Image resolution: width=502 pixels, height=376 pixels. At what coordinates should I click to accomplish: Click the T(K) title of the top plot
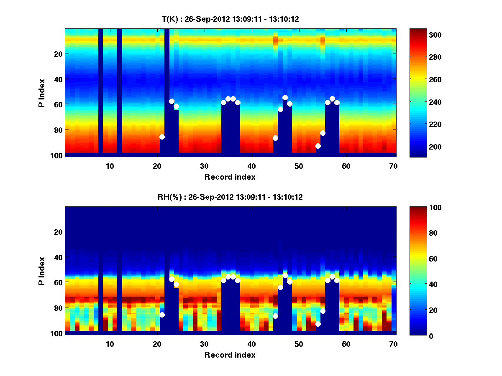pyautogui.click(x=230, y=19)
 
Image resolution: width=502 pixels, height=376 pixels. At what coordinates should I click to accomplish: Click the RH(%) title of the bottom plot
pyautogui.click(x=230, y=197)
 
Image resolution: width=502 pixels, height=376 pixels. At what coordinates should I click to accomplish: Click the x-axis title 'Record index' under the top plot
pyautogui.click(x=230, y=177)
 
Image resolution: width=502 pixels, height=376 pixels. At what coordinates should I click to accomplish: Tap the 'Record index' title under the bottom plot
pyautogui.click(x=230, y=355)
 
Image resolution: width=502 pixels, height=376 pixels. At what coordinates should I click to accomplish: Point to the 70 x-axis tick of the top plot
pyautogui.click(x=393, y=165)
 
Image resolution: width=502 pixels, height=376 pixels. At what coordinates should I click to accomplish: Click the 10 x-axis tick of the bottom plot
pyautogui.click(x=110, y=343)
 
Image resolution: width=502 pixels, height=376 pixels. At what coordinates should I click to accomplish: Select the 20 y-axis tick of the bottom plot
pyautogui.click(x=58, y=232)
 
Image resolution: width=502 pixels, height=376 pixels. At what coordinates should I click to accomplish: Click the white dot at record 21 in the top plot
pyautogui.click(x=162, y=137)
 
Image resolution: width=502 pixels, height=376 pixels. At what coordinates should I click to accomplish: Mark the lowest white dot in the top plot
pyautogui.click(x=318, y=146)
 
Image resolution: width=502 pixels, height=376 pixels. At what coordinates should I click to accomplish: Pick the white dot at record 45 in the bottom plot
pyautogui.click(x=275, y=316)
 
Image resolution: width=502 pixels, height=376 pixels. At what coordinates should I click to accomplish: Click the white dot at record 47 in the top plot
pyautogui.click(x=285, y=97)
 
